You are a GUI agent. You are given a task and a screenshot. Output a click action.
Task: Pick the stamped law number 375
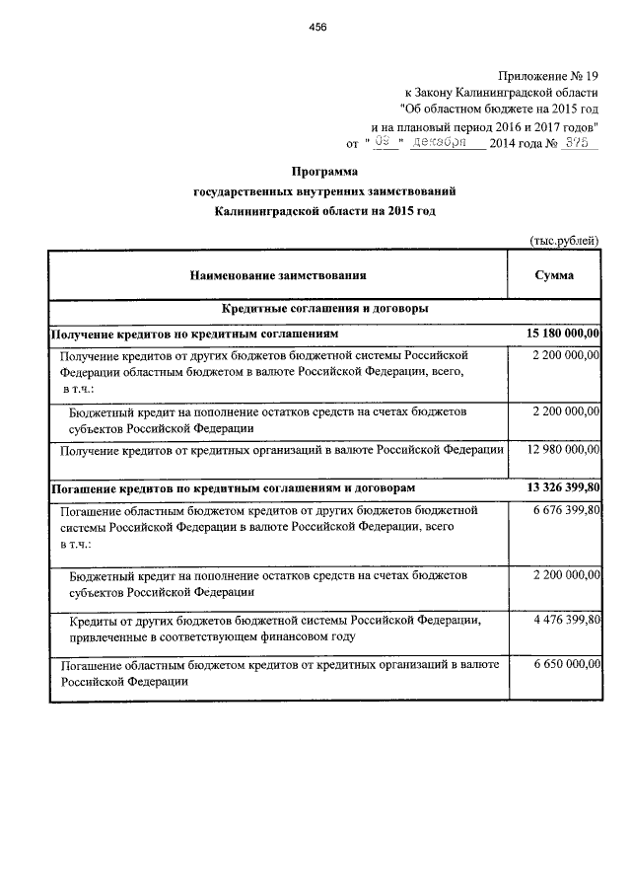point(578,143)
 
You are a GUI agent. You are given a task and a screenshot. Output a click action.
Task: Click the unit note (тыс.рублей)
point(564,240)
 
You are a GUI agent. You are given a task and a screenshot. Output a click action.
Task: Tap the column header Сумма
point(554,275)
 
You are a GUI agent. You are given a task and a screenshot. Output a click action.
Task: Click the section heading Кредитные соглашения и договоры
point(324,310)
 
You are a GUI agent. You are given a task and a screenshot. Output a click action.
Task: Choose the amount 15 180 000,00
point(558,335)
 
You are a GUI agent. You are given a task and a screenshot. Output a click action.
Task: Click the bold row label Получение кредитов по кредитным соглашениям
point(194,335)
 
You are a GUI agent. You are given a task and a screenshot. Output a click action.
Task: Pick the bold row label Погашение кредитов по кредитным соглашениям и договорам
point(233,487)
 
